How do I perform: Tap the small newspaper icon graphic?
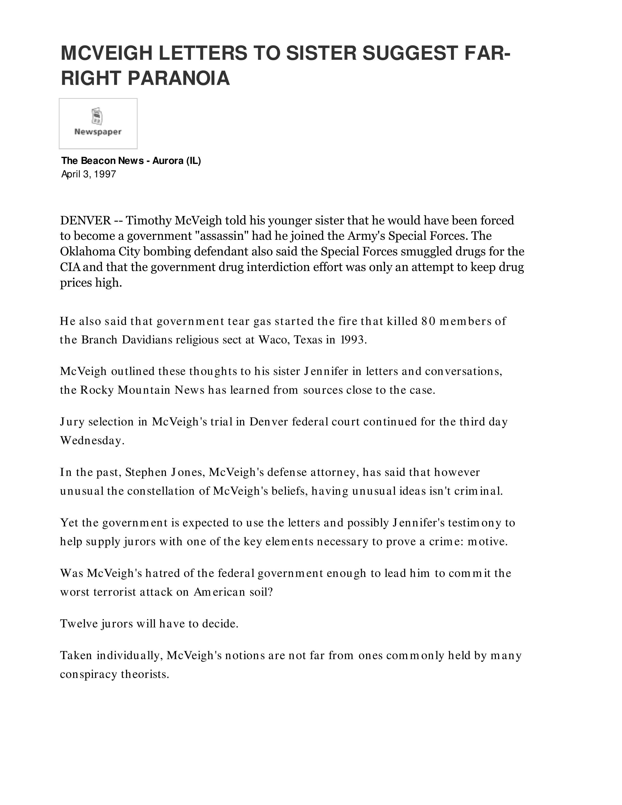(97, 116)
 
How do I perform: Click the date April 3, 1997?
(89, 174)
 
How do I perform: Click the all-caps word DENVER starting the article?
(85, 221)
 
